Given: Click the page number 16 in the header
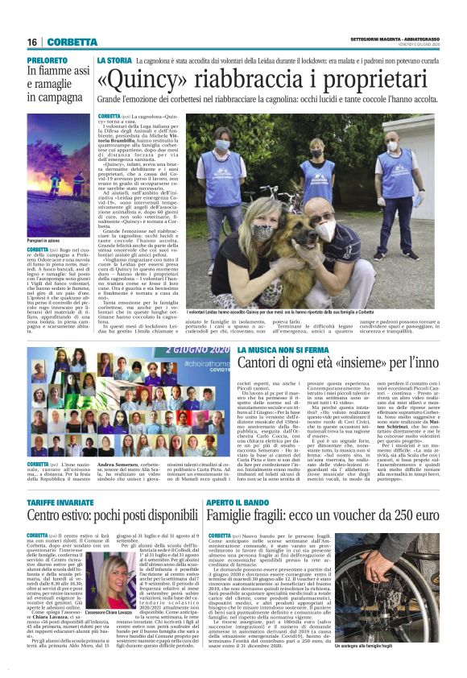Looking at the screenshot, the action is tap(33, 42).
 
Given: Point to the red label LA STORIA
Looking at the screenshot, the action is tap(114, 60).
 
